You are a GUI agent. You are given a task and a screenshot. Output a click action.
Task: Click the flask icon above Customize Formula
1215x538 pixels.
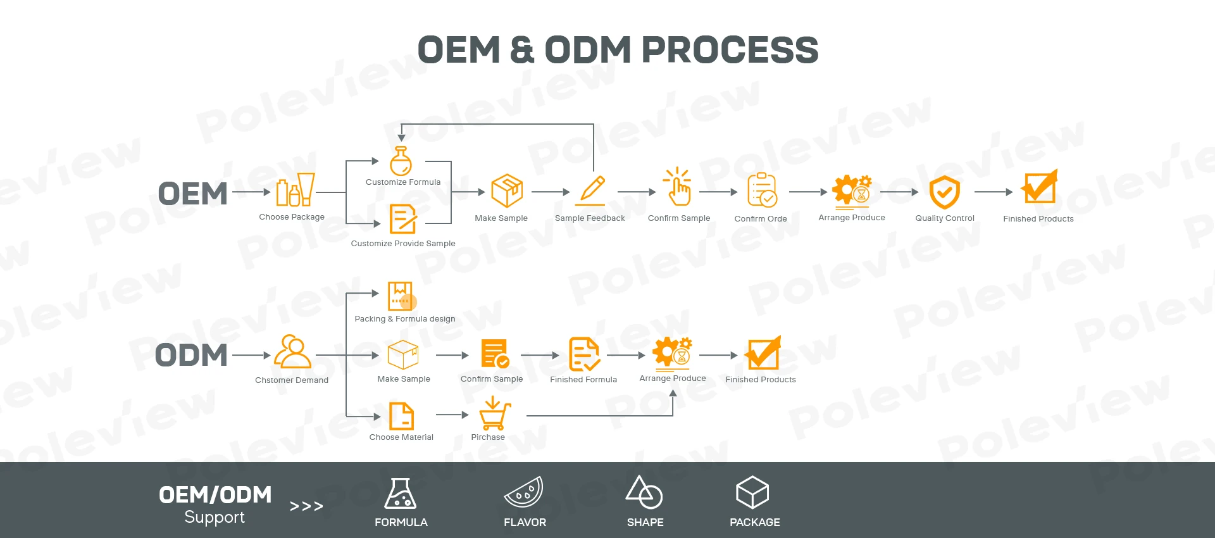tap(401, 161)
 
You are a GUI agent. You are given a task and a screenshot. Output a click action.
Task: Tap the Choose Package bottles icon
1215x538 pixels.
tap(295, 190)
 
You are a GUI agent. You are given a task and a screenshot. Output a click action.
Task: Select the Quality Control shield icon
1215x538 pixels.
tap(944, 192)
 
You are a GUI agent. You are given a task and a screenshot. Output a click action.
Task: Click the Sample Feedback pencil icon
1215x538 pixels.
tap(591, 191)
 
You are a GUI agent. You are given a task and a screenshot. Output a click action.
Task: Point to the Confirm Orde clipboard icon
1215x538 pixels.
tap(761, 190)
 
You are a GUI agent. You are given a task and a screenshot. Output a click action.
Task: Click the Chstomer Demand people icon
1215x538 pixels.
tap(292, 352)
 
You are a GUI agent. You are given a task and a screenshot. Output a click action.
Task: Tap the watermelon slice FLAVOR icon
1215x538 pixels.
tap(524, 492)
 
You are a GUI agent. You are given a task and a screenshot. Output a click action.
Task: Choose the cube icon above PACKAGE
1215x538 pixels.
tap(752, 492)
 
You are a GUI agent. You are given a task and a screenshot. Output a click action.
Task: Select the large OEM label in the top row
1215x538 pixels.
tap(192, 194)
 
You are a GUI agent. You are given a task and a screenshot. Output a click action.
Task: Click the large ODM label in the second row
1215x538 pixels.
tap(191, 355)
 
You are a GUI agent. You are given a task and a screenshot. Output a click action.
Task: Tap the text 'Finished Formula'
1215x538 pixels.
tap(583, 380)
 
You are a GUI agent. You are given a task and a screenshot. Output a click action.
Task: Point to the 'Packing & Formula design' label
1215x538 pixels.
tap(404, 319)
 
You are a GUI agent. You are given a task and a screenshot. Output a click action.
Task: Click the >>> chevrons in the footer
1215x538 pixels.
tap(306, 506)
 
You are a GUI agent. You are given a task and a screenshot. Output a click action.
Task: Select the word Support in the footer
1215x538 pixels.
tap(215, 517)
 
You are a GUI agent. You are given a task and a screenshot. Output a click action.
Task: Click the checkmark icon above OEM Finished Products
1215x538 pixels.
tap(1038, 187)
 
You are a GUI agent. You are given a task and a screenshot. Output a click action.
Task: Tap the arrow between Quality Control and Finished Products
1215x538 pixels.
tap(994, 192)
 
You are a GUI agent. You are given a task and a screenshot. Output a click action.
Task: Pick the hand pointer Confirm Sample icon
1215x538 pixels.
tap(678, 187)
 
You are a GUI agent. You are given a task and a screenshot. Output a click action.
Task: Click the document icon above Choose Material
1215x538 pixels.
tap(401, 416)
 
